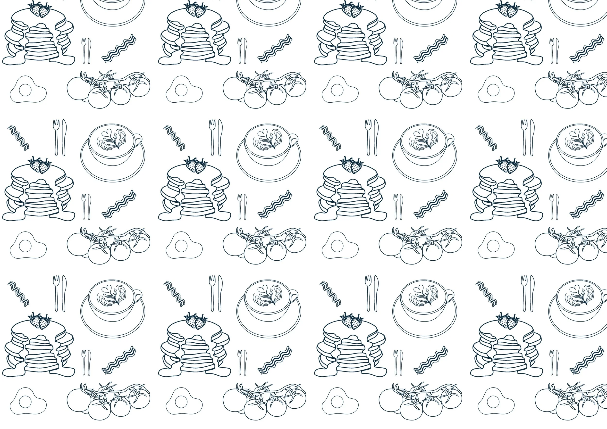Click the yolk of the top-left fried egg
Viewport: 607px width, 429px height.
tap(25, 90)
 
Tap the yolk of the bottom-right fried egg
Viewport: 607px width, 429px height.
tap(493, 402)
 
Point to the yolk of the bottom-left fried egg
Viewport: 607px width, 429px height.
tap(25, 402)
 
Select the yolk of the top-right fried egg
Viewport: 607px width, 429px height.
tap(493, 90)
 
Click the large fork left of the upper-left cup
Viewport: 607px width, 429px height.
tap(56, 137)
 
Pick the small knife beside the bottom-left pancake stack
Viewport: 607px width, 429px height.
tap(89, 363)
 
